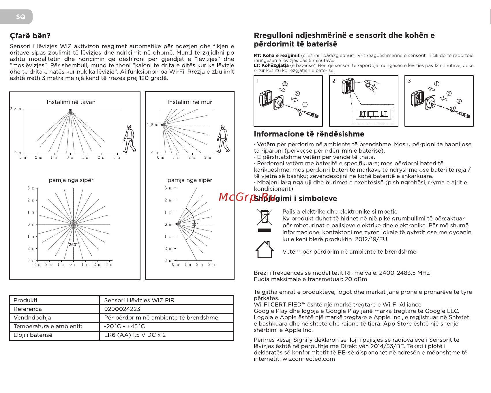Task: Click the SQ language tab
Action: tap(20, 17)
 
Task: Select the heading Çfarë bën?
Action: tap(30, 36)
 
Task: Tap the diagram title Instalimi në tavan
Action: tap(71, 102)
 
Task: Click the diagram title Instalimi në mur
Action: tap(190, 102)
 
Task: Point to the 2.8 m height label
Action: tap(15, 109)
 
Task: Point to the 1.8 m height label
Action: tap(152, 125)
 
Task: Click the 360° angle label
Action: tap(73, 245)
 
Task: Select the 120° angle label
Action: tap(194, 224)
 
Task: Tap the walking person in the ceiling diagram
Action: tap(130, 139)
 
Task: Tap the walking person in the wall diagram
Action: tap(223, 139)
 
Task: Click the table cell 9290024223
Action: tap(122, 309)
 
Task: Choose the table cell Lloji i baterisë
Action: tap(33, 335)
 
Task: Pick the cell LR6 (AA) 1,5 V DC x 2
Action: tap(135, 335)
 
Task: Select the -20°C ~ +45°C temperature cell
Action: tap(124, 326)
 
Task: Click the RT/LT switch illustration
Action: tap(373, 114)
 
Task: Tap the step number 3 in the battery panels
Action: tap(409, 81)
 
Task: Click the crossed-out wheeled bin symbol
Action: tap(265, 218)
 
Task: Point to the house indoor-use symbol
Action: tap(264, 250)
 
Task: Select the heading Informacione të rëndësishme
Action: tap(309, 134)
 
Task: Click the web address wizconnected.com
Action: tap(309, 359)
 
